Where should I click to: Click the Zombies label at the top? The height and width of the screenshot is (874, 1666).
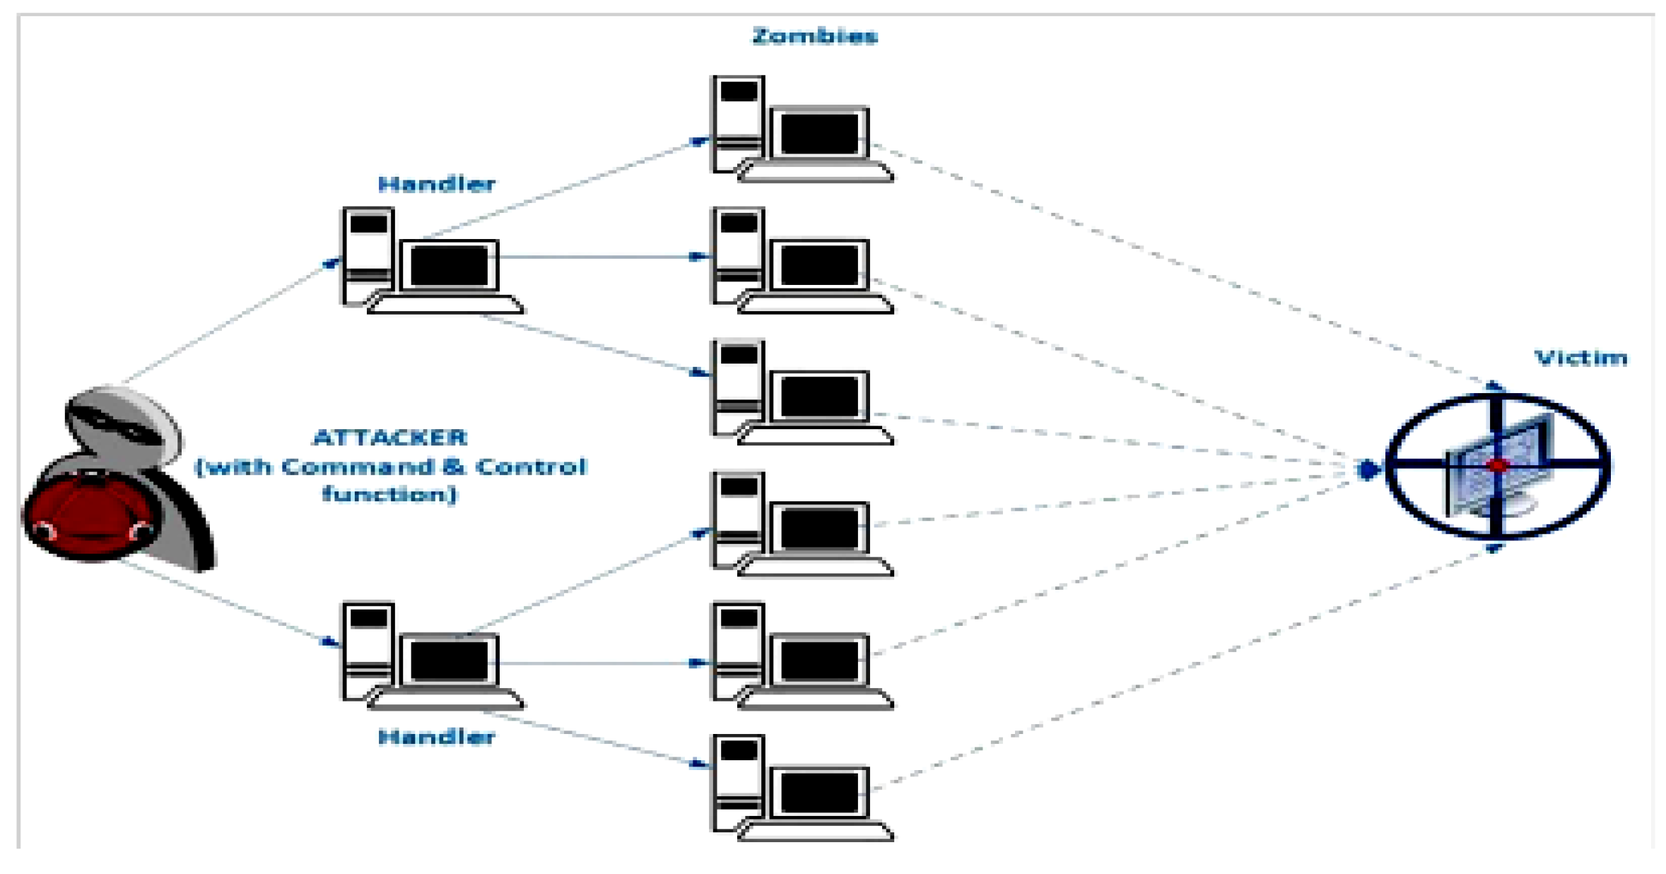coord(814,35)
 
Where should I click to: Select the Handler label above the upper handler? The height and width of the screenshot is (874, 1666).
coord(436,184)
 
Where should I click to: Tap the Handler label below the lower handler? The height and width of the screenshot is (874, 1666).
coord(436,737)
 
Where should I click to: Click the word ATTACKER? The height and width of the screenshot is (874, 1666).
coord(389,438)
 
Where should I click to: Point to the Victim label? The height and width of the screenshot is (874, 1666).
coord(1580,358)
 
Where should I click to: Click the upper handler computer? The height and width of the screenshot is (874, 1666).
coord(431,262)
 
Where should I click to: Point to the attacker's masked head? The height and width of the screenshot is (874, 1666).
coord(120,421)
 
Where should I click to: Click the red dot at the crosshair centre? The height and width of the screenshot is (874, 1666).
coord(1498,466)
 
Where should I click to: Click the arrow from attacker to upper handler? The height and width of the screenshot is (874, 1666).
coord(226,322)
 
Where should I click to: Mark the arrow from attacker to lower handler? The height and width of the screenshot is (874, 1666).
coord(226,605)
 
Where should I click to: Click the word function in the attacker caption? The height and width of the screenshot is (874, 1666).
coord(389,494)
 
